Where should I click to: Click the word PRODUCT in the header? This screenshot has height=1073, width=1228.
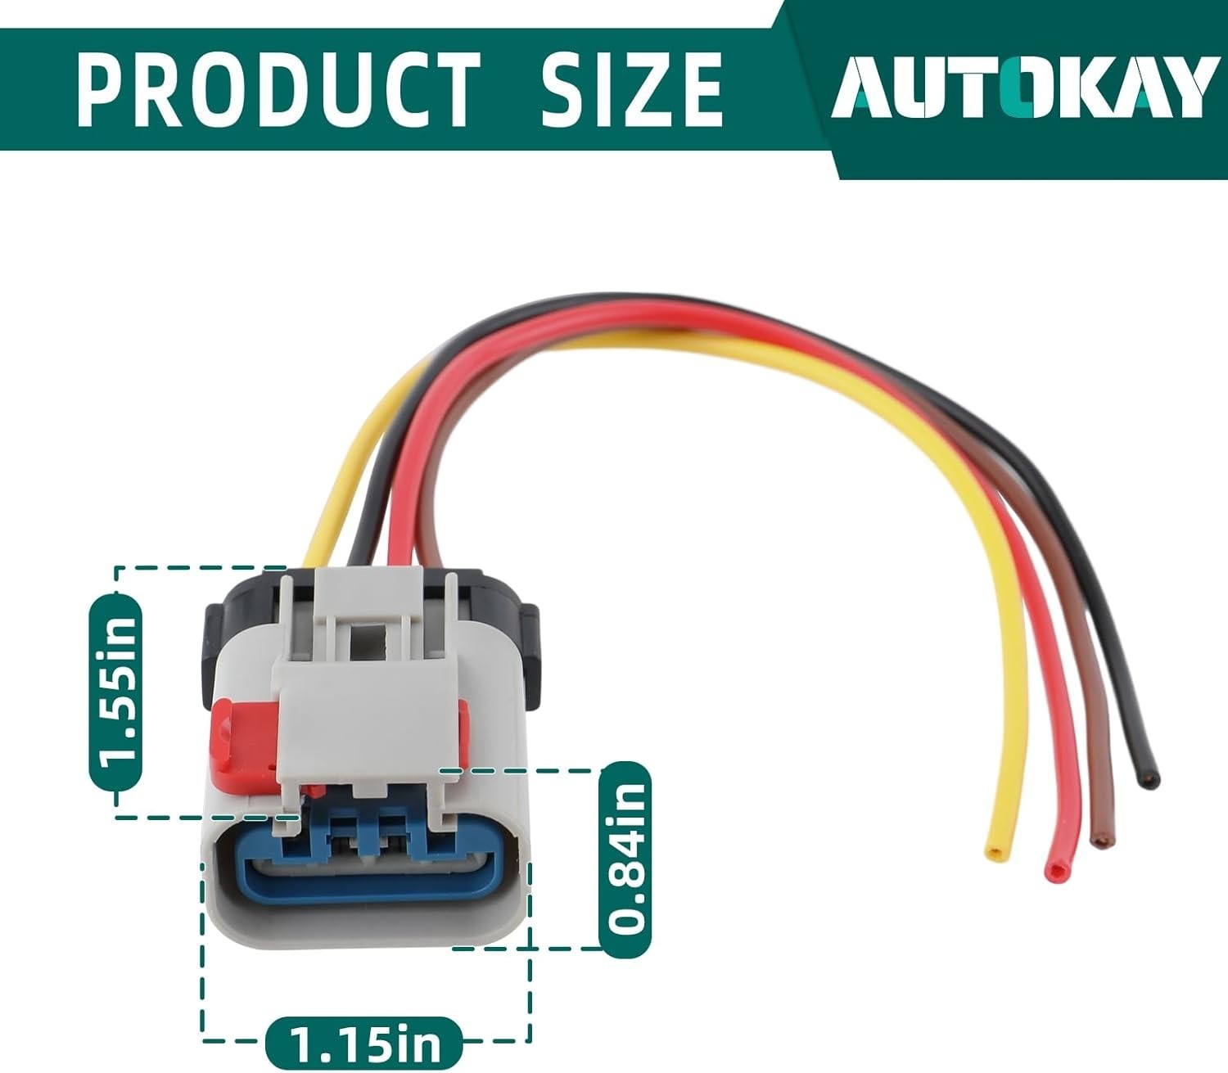coord(278,88)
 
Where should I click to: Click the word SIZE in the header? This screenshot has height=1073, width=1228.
coord(631,88)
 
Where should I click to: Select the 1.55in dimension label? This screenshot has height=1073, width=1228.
coord(115,691)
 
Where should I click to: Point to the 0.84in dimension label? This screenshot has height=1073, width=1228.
coord(626,859)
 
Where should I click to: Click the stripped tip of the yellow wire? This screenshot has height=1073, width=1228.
coord(995,854)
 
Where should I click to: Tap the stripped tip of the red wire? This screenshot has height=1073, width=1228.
coord(1052,871)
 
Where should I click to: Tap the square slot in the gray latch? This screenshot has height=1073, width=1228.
coord(368,639)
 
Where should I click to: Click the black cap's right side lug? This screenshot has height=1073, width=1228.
coord(527,647)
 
